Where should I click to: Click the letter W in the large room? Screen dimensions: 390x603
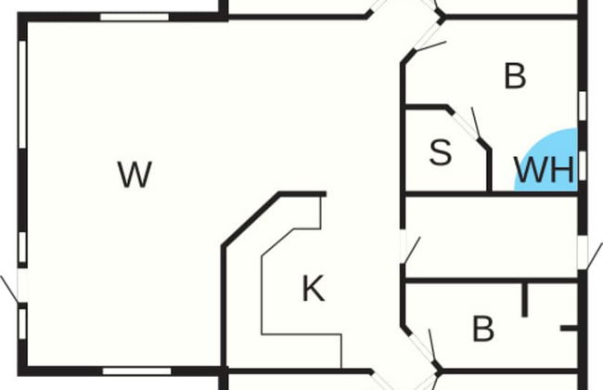135,174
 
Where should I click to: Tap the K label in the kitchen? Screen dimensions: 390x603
314,289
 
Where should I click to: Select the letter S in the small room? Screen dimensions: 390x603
441,153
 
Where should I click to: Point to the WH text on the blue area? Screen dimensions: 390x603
545,170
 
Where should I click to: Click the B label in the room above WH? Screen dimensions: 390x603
514,76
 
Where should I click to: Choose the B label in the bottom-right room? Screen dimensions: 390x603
482,329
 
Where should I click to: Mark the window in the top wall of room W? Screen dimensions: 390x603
135,17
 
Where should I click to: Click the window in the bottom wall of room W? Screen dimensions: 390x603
136,370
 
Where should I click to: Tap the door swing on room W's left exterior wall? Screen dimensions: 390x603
11,287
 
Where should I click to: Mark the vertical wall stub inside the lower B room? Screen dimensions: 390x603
525,299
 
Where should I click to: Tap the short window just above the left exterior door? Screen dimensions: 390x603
20,246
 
